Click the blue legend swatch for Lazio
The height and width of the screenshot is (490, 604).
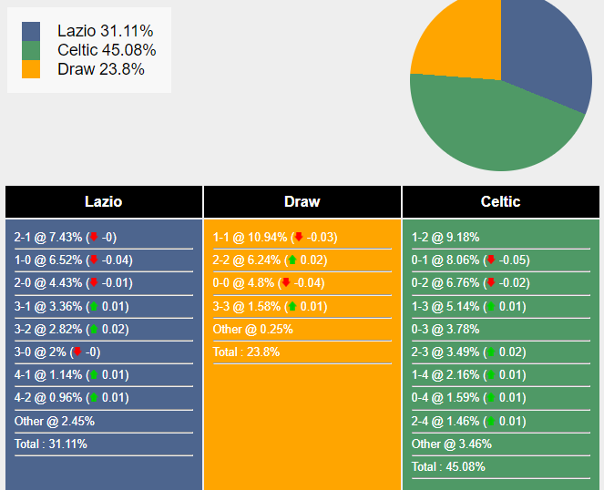click(31, 32)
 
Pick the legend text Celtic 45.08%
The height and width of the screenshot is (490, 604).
click(106, 50)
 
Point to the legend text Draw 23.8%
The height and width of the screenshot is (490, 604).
click(100, 69)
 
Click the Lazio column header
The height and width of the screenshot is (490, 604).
click(103, 201)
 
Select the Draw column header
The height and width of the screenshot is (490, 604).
click(302, 201)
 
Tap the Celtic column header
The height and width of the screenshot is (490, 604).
click(500, 201)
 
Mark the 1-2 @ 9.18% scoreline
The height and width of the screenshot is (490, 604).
click(445, 237)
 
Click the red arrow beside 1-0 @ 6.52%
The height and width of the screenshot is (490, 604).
click(93, 260)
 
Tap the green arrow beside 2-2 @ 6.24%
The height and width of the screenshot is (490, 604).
click(292, 260)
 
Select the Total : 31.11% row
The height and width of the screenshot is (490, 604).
click(51, 444)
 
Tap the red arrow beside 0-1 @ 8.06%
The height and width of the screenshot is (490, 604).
click(490, 260)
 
